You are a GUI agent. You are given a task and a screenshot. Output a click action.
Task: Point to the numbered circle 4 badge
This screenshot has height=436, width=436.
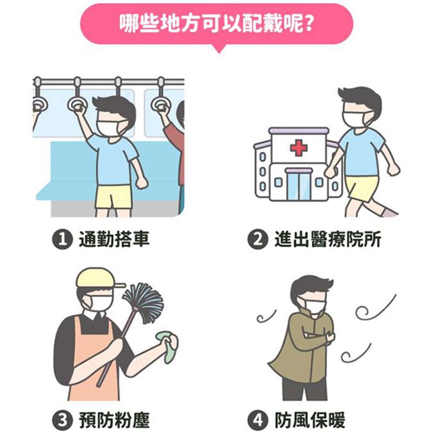(256, 421)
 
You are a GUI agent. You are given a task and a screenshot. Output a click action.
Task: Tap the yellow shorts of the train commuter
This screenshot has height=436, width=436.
(113, 196)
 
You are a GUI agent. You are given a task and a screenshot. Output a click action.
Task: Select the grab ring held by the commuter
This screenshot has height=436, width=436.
(78, 103)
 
